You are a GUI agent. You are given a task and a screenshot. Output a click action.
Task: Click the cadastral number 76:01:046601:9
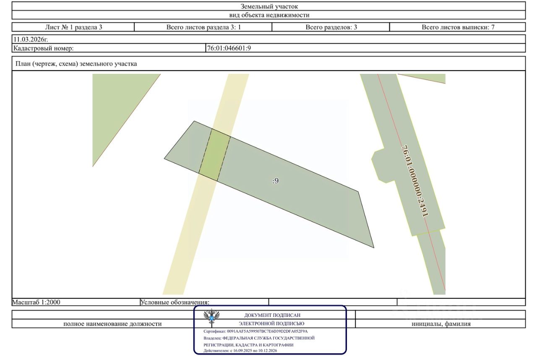(229, 48)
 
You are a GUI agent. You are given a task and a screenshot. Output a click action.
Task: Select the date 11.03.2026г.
(31, 39)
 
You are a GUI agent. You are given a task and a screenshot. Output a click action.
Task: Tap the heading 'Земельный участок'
(269, 6)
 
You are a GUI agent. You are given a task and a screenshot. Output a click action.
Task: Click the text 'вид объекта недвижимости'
(269, 15)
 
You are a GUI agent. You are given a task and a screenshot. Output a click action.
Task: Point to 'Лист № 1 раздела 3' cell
(73, 27)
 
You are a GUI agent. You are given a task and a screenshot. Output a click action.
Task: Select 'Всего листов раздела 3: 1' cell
(203, 27)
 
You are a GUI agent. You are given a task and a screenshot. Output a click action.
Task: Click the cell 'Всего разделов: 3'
(331, 27)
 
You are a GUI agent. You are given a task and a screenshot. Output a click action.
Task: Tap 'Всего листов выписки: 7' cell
(458, 27)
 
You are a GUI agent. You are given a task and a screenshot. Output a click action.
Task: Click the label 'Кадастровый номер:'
(43, 48)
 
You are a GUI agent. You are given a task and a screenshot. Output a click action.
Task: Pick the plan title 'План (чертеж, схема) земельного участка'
(76, 64)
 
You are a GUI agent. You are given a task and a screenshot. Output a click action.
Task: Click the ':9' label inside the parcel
(276, 181)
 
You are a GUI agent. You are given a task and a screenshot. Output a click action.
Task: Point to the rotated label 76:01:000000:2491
(415, 181)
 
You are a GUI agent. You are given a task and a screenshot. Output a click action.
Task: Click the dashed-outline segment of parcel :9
(214, 155)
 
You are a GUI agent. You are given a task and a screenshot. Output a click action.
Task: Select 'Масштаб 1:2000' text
(36, 302)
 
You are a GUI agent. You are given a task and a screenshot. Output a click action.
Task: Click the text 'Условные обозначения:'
(175, 302)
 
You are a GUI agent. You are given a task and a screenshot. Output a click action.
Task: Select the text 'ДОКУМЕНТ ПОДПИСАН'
(272, 315)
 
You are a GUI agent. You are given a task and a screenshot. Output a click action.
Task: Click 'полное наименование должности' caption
(112, 324)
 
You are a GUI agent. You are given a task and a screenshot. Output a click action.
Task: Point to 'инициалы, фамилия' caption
(441, 324)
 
